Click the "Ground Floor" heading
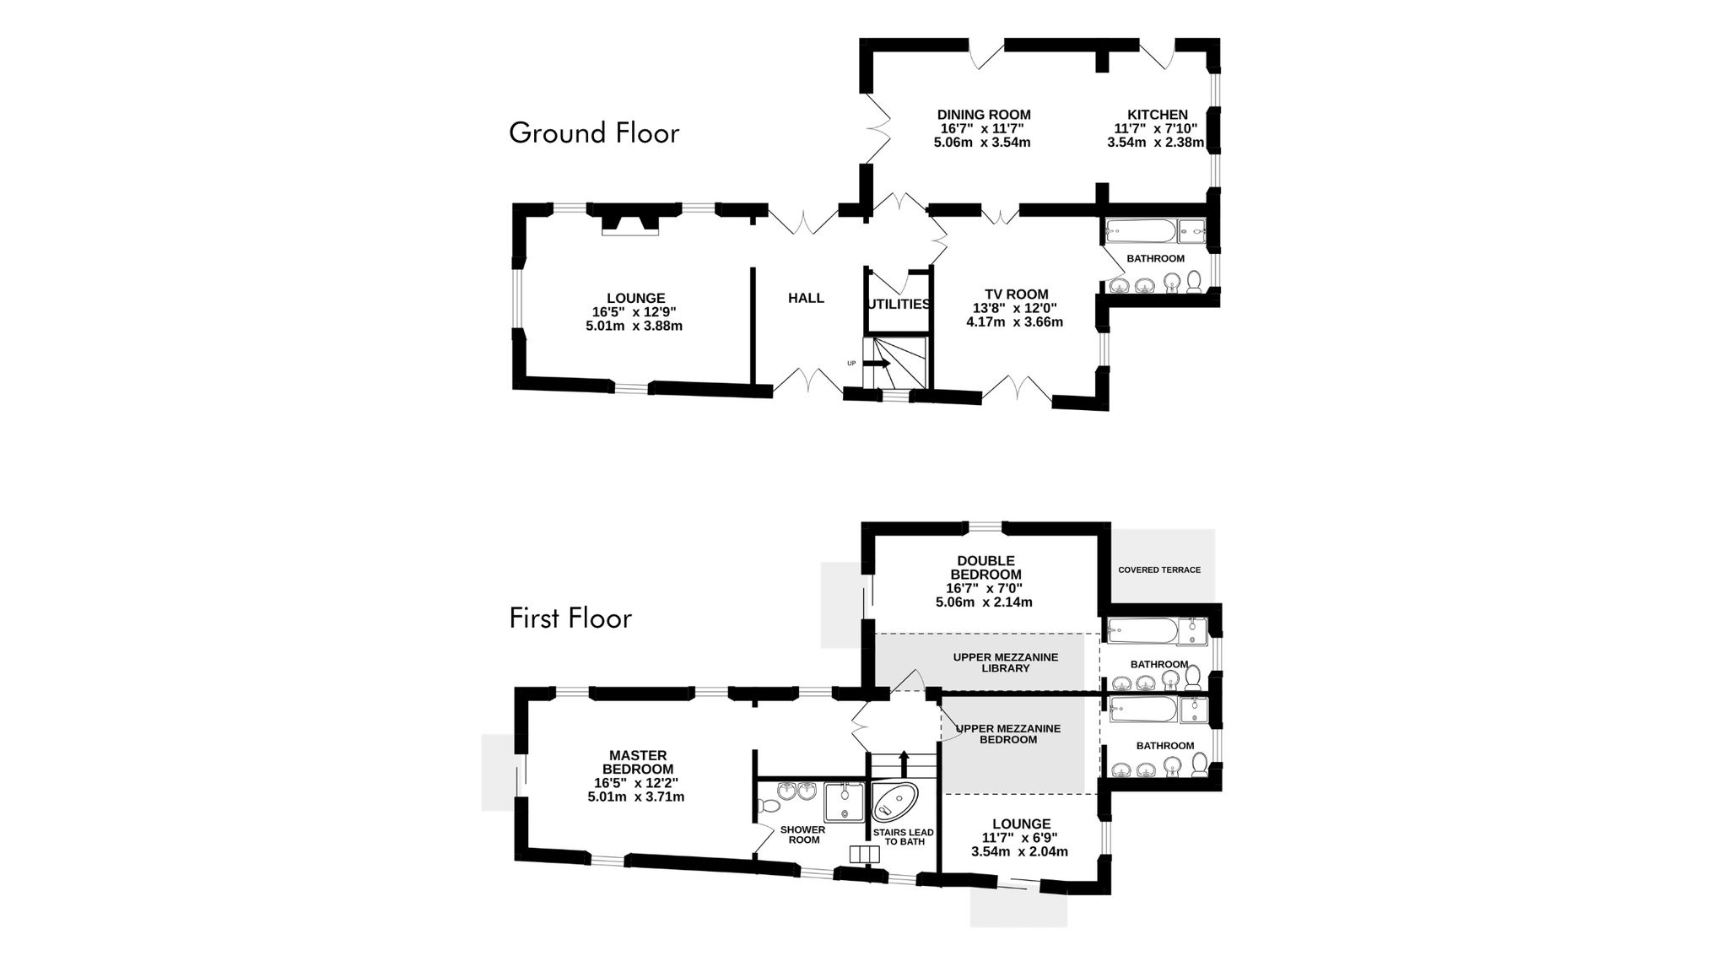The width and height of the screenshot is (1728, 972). tap(594, 133)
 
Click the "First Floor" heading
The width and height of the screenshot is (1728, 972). tap(570, 618)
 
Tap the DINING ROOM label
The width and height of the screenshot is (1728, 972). tap(984, 115)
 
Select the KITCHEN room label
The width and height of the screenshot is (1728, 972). tap(1158, 115)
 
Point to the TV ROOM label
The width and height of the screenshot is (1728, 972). tap(1016, 294)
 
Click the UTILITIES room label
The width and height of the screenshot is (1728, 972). tap(899, 304)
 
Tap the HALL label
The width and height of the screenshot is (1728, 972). tap(806, 298)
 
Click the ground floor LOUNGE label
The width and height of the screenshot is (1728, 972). tap(635, 298)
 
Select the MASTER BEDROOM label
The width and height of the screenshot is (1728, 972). tap(638, 762)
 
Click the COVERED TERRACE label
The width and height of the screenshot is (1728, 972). tap(1159, 570)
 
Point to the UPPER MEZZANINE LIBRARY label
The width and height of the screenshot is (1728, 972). tap(1006, 662)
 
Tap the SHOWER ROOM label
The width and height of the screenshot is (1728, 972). tap(802, 834)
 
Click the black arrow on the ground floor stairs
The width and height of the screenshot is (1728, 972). tap(876, 363)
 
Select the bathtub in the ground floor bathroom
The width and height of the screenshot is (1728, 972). tap(1139, 229)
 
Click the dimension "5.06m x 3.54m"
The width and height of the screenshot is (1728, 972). tap(982, 142)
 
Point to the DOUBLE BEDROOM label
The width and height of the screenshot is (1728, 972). tap(985, 567)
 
